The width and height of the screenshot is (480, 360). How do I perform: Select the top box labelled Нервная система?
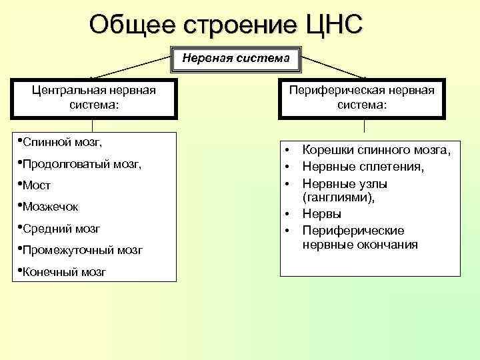237,58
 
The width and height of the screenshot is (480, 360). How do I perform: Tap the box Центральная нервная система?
94,97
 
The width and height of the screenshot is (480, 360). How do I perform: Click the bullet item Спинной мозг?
61,141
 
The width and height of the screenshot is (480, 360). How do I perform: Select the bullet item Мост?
37,185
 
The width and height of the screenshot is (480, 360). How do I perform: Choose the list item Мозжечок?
50,207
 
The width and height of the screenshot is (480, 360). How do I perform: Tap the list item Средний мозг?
61,229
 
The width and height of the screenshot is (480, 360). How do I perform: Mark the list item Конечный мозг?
63,272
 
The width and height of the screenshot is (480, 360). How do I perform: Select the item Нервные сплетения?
363,167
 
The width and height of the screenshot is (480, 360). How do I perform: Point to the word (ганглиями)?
338,198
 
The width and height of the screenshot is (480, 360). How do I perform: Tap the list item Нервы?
322,214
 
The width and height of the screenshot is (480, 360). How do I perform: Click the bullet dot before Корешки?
287,151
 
